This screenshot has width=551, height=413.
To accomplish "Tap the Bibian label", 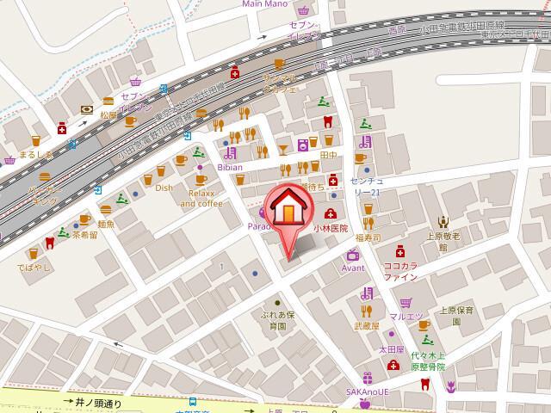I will (x=229, y=167).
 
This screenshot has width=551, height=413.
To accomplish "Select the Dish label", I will (x=164, y=187).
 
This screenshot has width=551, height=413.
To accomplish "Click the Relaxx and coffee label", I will (x=201, y=199).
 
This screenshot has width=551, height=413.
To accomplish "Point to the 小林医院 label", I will (x=331, y=229).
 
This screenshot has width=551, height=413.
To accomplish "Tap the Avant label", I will (x=353, y=268).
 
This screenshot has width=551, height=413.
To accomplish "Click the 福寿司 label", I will (x=368, y=236).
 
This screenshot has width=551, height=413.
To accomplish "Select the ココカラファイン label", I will (x=400, y=272).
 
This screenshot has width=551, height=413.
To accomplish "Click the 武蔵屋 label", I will (x=366, y=325).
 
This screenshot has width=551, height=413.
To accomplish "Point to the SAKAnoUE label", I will (x=367, y=391).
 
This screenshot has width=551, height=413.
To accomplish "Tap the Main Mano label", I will (x=264, y=4).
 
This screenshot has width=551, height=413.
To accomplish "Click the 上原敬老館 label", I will (x=443, y=240).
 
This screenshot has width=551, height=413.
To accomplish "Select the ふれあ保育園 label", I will (x=278, y=321).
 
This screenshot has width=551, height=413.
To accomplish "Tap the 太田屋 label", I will (x=392, y=349).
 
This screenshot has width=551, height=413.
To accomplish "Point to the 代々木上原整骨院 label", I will (x=428, y=361).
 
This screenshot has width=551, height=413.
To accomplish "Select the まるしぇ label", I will (x=36, y=155).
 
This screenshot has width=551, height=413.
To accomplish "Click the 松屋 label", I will (x=108, y=114).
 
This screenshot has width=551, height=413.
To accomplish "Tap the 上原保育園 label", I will (x=456, y=316).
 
